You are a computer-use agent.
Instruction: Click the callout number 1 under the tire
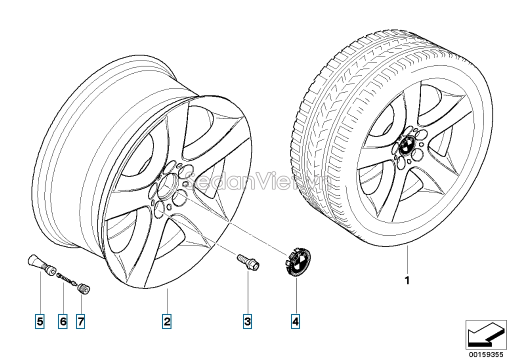point(407,280)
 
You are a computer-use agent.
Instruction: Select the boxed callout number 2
point(167,321)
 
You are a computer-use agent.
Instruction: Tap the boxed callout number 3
point(247,321)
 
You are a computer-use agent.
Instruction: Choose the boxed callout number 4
point(295,321)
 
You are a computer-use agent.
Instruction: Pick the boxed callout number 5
point(39,321)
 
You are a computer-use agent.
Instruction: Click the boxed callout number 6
point(62,321)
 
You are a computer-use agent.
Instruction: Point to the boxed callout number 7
point(80,321)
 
